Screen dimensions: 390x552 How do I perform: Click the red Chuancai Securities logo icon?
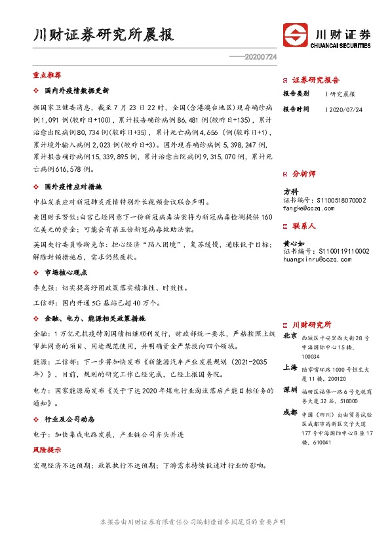tap(295, 35)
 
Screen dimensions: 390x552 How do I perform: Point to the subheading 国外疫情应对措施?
tap(73, 186)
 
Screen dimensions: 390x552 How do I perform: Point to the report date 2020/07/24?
tap(345, 109)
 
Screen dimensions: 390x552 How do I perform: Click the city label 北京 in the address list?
tap(288, 335)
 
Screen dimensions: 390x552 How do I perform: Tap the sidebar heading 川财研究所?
tap(311, 325)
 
